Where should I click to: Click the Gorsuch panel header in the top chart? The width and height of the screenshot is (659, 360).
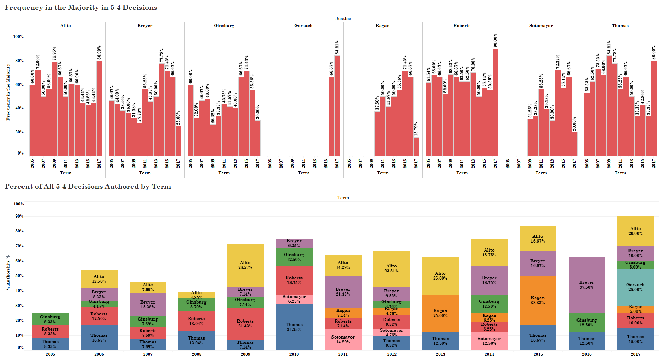coord(303,26)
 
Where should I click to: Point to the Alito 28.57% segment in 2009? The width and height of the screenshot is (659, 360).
coord(245,265)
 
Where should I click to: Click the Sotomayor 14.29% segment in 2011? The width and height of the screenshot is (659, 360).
coord(343,339)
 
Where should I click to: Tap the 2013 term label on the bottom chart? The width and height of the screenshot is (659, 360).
coord(440,354)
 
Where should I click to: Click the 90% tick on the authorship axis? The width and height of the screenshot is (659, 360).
coord(19,216)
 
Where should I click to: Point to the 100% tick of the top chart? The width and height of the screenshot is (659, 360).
coord(18,37)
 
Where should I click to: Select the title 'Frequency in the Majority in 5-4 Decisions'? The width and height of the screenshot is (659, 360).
coord(81,8)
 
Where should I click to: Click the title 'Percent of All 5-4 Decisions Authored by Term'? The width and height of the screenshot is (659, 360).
coord(88,187)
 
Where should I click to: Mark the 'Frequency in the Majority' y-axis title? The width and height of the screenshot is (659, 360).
coord(8,92)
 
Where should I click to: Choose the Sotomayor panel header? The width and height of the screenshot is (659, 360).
coord(541,26)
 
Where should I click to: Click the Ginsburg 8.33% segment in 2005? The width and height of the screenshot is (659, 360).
coord(50,319)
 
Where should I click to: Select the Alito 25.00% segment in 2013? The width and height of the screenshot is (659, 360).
coord(440,276)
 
